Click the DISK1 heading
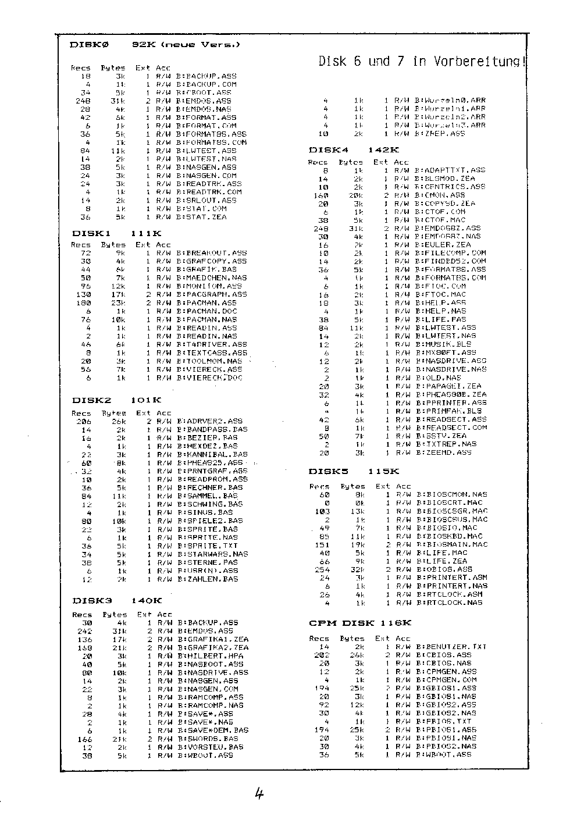tap(92, 233)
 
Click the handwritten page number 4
tap(259, 794)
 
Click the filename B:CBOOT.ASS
tap(204, 92)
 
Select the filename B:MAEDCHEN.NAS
tap(212, 278)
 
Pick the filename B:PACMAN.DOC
tap(207, 311)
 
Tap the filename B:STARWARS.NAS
tap(213, 554)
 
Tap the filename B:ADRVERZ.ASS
tap(210, 421)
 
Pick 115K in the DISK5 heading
tap(383, 471)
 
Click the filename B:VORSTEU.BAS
tap(211, 747)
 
